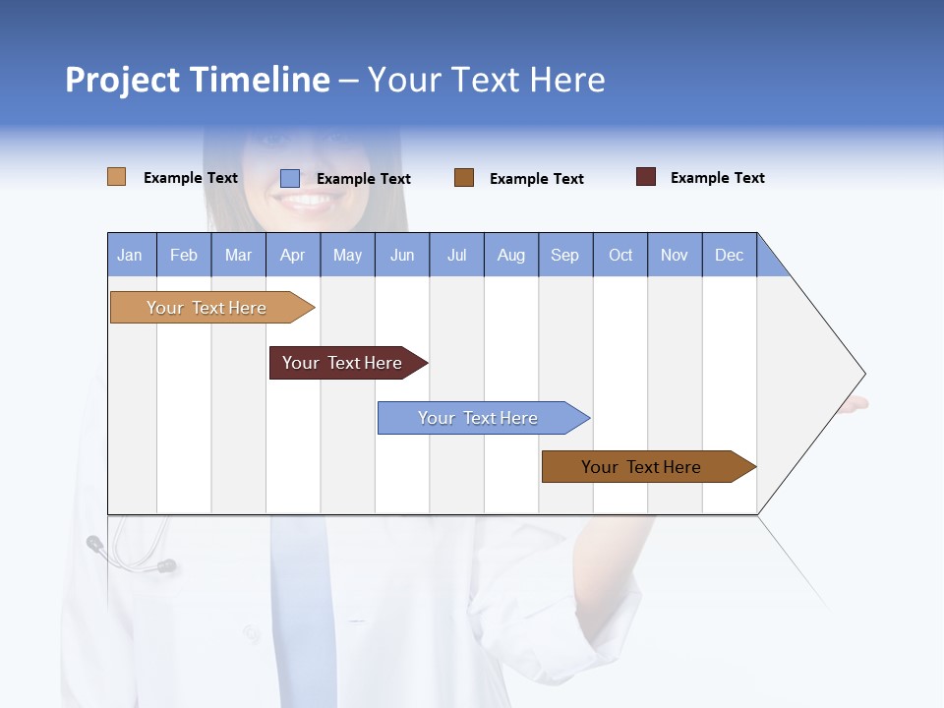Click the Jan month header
coord(131,255)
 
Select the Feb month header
coord(184,255)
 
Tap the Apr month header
coord(293,255)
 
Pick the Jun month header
coord(402,255)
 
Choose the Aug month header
coord(511,255)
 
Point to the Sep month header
coord(565,255)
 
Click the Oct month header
coord(620,255)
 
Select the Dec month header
coord(730,255)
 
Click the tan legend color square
coord(117,177)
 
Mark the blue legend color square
coord(290,178)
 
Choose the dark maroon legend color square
coord(646,177)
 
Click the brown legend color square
coord(464,177)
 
